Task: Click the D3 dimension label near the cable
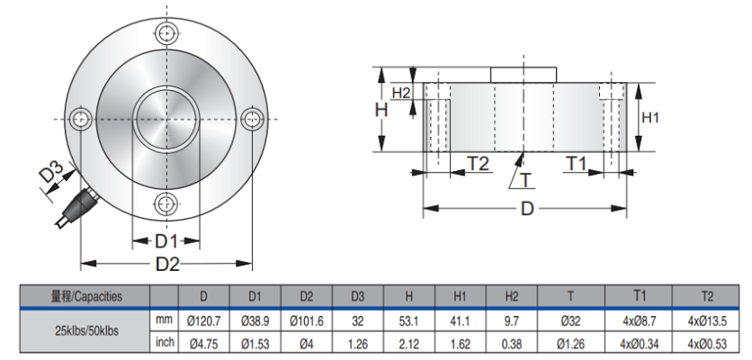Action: tap(53, 173)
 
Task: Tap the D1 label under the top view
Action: tap(166, 241)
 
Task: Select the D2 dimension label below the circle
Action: tap(167, 264)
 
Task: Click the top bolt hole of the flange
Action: tap(166, 34)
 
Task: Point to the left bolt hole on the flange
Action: tap(82, 118)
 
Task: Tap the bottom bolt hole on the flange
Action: tap(166, 202)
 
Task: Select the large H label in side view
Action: tap(380, 109)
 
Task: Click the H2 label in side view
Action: tap(401, 93)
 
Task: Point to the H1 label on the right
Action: tap(650, 117)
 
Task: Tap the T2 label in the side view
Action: tap(477, 164)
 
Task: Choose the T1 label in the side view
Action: tap(577, 164)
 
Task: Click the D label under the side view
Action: tap(527, 210)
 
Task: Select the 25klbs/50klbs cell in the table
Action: tap(85, 331)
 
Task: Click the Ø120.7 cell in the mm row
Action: tap(203, 319)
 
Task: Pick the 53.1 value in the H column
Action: tap(409, 319)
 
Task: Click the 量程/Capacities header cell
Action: tap(85, 296)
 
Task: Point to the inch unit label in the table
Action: tap(164, 343)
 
